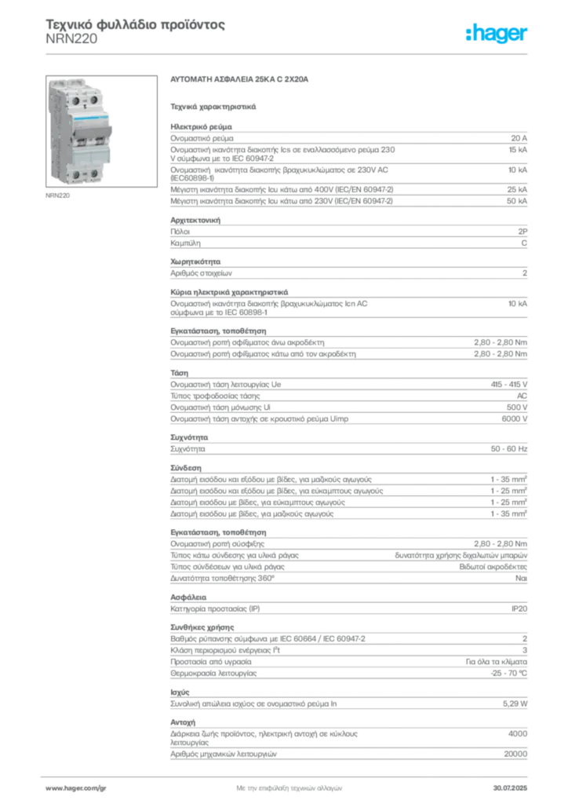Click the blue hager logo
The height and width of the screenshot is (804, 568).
coord(497,34)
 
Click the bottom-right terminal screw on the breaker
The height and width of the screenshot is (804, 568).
coord(94,174)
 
